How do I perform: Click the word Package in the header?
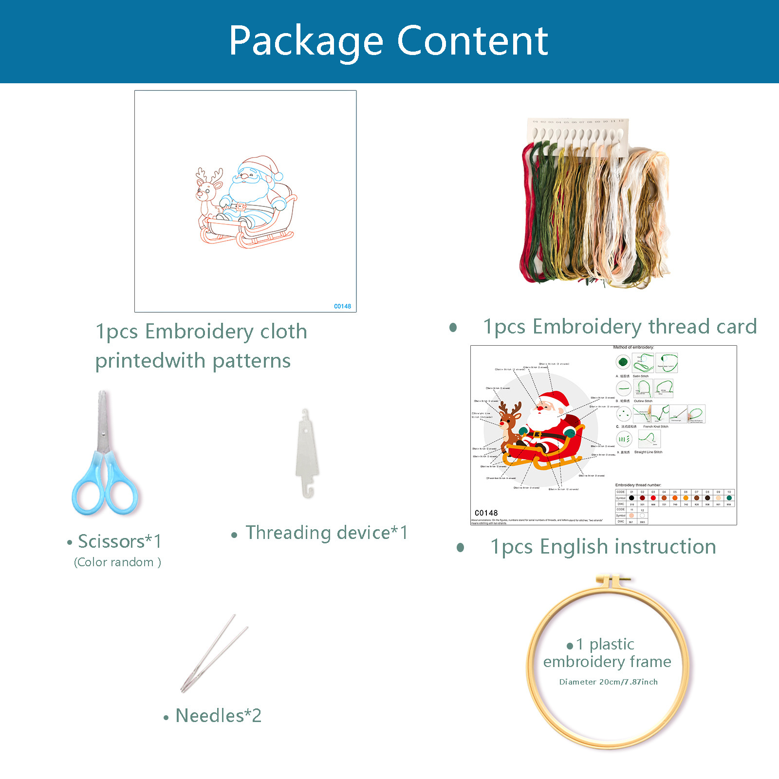pos(306,42)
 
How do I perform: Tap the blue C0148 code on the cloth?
pos(342,306)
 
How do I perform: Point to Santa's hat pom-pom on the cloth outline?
pos(278,176)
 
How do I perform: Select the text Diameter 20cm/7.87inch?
pos(608,682)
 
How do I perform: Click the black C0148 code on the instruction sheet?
pos(486,513)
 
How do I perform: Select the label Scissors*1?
pos(119,541)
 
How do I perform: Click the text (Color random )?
pos(117,562)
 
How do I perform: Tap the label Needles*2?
pos(218,716)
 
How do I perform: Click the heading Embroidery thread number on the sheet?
pos(638,485)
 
